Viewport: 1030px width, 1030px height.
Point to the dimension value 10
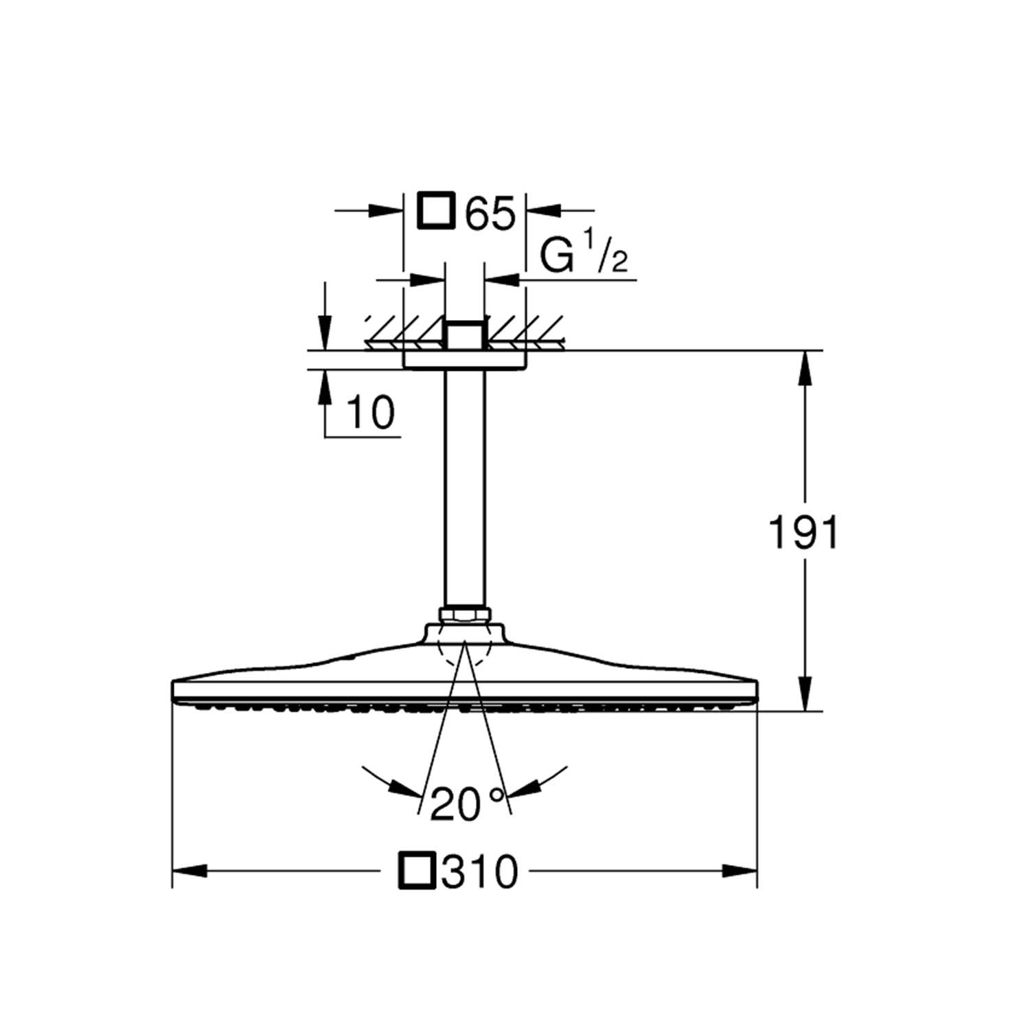[x=371, y=413]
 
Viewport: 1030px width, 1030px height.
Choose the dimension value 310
[x=480, y=871]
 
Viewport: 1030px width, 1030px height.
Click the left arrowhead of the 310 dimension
[x=189, y=871]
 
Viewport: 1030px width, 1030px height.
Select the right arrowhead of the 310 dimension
[x=740, y=871]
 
